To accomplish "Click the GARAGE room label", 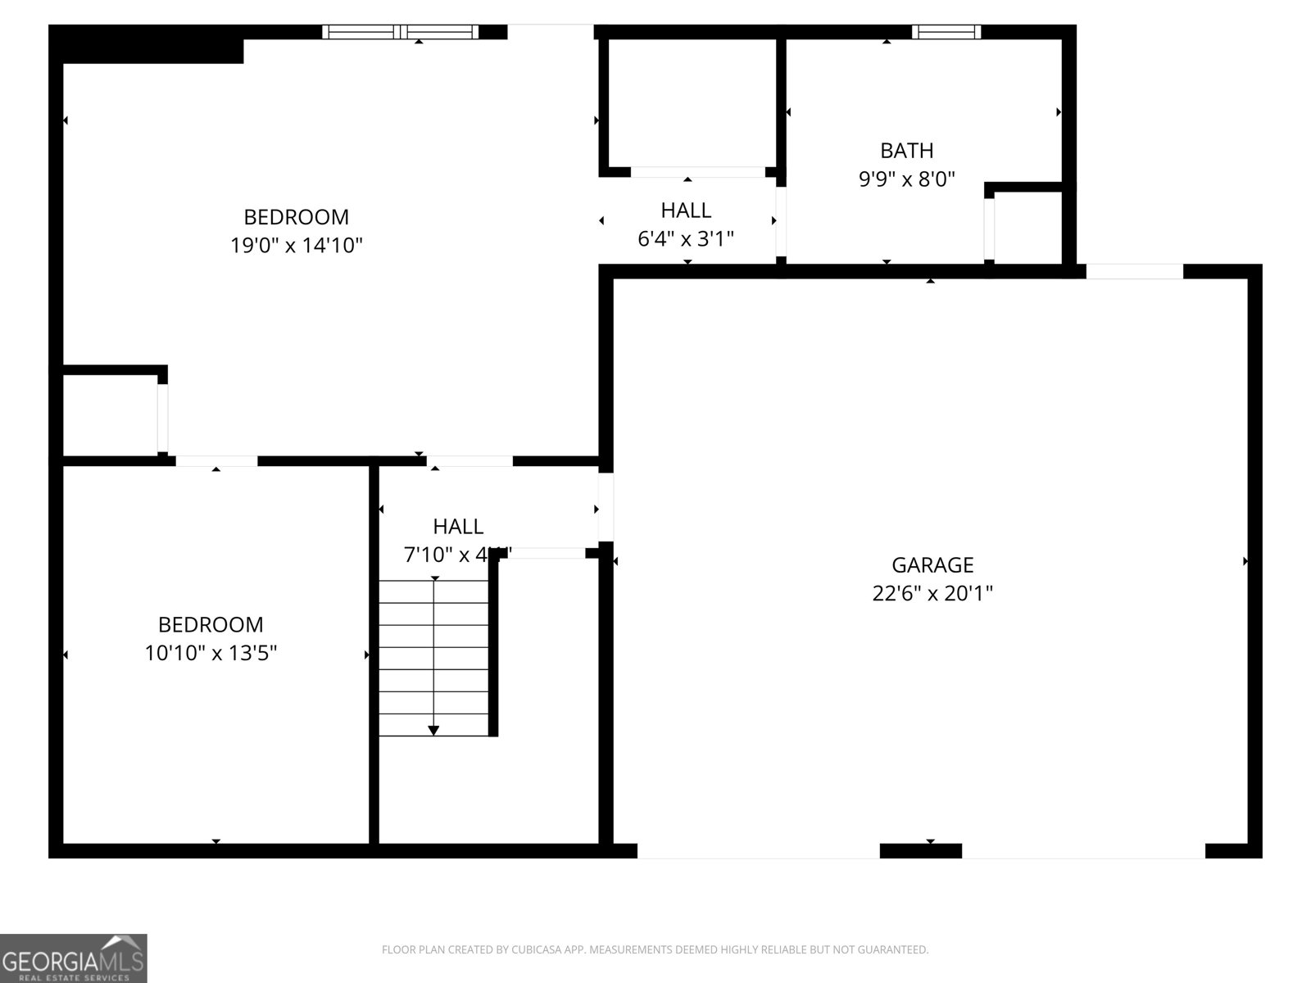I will pos(932,565).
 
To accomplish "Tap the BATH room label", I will pos(906,151).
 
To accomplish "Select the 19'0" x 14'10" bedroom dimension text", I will pos(296,245).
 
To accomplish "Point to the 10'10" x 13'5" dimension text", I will pos(211,653).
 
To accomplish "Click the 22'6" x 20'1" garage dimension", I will pos(932,593).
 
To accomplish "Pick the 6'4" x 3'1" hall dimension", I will pos(686,239).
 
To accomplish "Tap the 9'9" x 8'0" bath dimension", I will pos(906,179).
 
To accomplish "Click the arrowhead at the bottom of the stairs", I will pos(433,730).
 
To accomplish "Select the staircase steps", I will pos(433,655).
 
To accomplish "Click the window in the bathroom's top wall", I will pos(946,32).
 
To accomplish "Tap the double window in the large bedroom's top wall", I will pos(400,32).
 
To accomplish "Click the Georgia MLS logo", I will pos(73,958).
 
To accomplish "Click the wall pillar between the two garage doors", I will pos(920,851).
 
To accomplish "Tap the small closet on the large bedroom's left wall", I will pos(110,414).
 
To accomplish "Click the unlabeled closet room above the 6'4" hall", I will pos(692,102).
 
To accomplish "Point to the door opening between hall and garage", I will pos(606,506).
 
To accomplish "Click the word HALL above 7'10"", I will pos(458,527).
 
